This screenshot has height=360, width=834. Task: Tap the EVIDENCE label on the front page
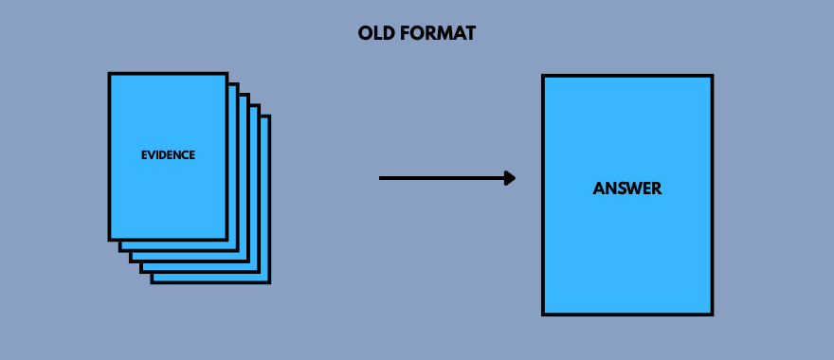pyautogui.click(x=168, y=155)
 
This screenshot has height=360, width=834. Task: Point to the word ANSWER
pyautogui.click(x=627, y=189)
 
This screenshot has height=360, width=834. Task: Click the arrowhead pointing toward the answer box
pyautogui.click(x=510, y=177)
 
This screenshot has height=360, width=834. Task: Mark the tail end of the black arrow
pyautogui.click(x=381, y=177)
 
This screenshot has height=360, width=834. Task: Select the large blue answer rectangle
pyautogui.click(x=627, y=246)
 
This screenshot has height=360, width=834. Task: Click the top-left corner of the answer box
pyautogui.click(x=543, y=76)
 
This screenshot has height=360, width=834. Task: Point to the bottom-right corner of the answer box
pyautogui.click(x=711, y=313)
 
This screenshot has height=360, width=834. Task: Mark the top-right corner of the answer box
pyautogui.click(x=711, y=76)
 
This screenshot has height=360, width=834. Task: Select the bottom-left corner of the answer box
pyautogui.click(x=543, y=313)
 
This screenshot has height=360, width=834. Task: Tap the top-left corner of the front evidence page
pyautogui.click(x=110, y=74)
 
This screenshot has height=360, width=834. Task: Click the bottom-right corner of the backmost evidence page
pyautogui.click(x=269, y=281)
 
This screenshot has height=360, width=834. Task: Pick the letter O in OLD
pyautogui.click(x=365, y=34)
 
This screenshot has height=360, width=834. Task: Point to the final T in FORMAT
pyautogui.click(x=470, y=34)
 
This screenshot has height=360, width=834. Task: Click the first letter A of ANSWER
pyautogui.click(x=599, y=189)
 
